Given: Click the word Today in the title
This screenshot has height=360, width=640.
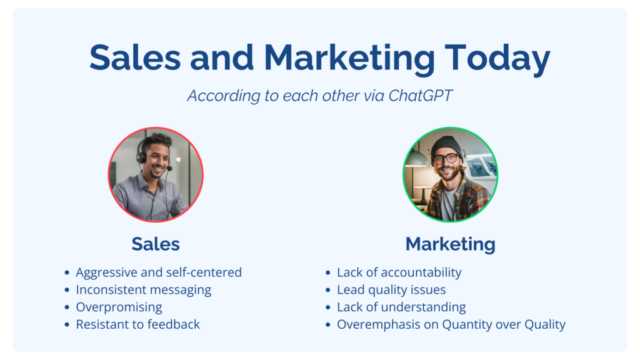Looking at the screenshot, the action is [497, 58].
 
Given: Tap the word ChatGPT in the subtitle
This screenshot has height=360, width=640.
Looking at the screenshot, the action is [420, 96].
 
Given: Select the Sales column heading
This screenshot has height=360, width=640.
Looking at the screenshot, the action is [156, 244].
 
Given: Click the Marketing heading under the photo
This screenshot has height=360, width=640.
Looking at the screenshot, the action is [450, 244].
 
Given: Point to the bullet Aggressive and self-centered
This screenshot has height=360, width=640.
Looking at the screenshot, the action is [159, 272].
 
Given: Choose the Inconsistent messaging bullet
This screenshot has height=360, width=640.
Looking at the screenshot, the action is [144, 290].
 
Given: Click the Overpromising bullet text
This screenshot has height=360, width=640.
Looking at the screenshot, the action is [119, 307].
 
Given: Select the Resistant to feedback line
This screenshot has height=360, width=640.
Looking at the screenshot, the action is [138, 324].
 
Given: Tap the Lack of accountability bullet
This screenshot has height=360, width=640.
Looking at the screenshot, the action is [399, 272].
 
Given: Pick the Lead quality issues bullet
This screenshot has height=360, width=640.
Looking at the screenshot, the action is [391, 290].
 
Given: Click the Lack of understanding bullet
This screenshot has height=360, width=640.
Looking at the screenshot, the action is [401, 307].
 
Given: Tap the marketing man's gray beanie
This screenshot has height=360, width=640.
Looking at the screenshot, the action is [446, 146].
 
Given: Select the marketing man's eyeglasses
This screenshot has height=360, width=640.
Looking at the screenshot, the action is [446, 159].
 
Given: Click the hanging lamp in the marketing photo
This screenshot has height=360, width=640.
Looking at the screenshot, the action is [416, 157].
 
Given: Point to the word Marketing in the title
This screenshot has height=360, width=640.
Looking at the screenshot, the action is [350, 59].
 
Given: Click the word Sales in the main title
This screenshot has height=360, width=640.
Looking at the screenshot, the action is [135, 58].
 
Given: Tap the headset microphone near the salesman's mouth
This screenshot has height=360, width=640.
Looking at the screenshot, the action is [169, 167].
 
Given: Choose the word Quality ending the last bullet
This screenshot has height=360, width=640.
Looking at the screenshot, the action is [545, 325].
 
